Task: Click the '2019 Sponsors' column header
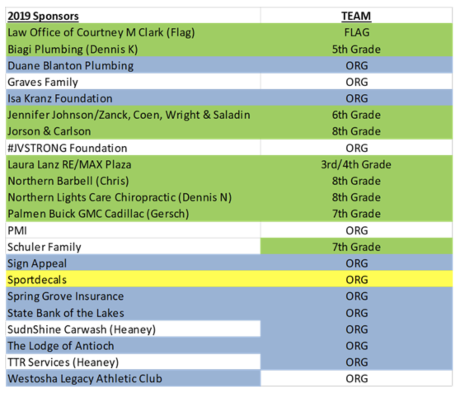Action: click(x=43, y=16)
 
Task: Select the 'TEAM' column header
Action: click(x=356, y=16)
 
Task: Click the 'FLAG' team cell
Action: click(x=357, y=32)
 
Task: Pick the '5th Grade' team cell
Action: click(x=356, y=49)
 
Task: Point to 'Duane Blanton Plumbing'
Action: click(x=70, y=66)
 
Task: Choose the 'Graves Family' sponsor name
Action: click(x=43, y=82)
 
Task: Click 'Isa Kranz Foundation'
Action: click(x=60, y=98)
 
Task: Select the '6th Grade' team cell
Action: click(x=356, y=115)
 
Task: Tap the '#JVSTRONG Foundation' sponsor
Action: click(x=67, y=148)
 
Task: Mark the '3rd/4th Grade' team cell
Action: click(x=356, y=164)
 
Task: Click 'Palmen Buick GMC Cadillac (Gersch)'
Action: click(x=98, y=214)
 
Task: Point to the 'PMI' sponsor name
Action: click(x=17, y=231)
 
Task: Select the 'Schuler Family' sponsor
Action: click(x=44, y=247)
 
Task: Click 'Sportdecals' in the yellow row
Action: click(x=37, y=280)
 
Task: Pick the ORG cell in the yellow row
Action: click(x=357, y=279)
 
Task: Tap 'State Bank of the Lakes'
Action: click(x=66, y=313)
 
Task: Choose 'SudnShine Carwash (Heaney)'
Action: click(x=82, y=329)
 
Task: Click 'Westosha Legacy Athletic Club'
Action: click(x=85, y=379)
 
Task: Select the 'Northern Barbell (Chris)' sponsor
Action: click(x=68, y=181)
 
